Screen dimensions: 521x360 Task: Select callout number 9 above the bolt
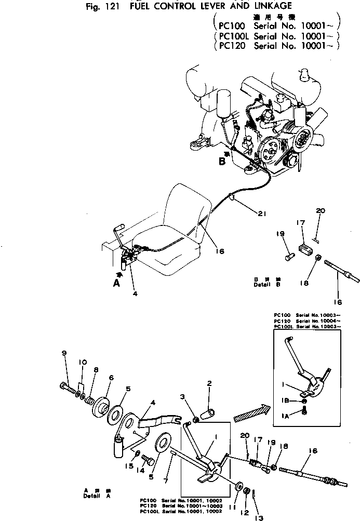pos(64,353)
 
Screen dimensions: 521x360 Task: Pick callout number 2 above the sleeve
pos(209,383)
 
